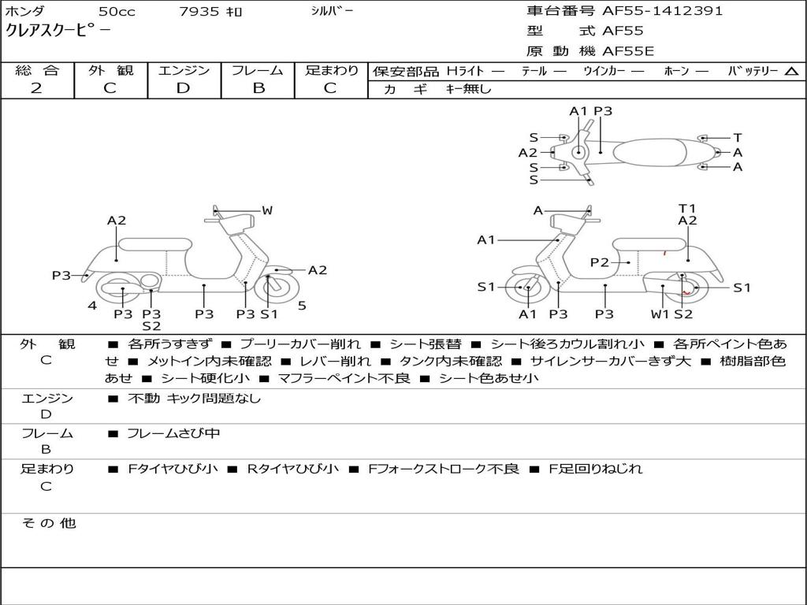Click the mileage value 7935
[x=199, y=12]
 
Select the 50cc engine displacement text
[x=115, y=12]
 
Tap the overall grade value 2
[x=36, y=88]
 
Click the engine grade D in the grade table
[x=183, y=88]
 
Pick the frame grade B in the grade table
[x=258, y=88]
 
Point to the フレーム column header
[x=258, y=70]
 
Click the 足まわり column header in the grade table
[x=332, y=70]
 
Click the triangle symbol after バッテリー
[x=791, y=71]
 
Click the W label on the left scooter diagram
[x=267, y=210]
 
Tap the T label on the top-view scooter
[x=738, y=138]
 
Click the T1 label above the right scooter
[x=687, y=208]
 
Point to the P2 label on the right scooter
[x=600, y=262]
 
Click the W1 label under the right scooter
[x=660, y=314]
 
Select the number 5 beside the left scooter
[x=302, y=306]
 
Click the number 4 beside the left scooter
[x=92, y=306]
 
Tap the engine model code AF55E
[x=628, y=51]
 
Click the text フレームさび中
[x=173, y=433]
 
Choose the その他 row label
[x=48, y=523]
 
